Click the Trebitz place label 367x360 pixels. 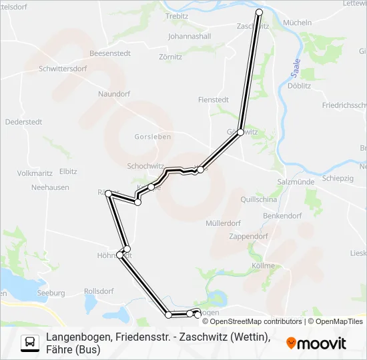pos(177,15)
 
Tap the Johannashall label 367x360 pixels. pos(190,36)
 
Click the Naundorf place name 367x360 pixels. pos(113,94)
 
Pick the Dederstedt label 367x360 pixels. pos(23,121)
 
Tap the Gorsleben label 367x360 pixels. pos(153,137)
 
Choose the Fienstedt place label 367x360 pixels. pos(214,99)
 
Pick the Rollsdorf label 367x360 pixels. pos(99,291)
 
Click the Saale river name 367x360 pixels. pos(296,68)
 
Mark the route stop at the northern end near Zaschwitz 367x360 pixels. pos(260,13)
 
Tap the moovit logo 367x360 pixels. pos(316,343)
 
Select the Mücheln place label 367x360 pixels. pos(297,23)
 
